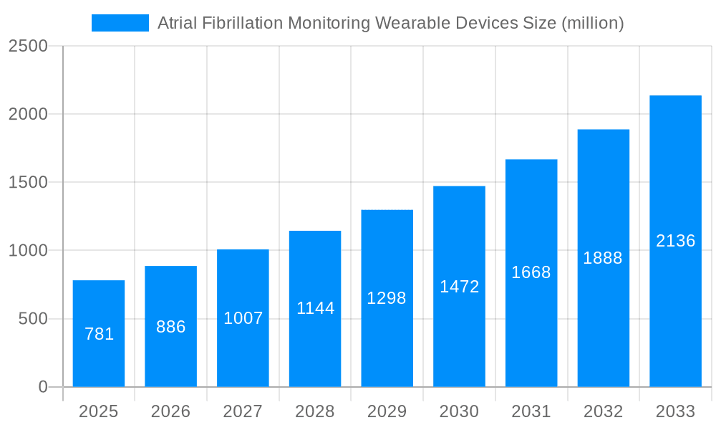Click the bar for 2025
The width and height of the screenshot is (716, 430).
pos(99,333)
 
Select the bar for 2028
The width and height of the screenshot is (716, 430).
pos(315,309)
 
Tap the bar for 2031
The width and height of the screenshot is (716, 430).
pos(531,273)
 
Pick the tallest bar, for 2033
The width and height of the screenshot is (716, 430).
pos(675,241)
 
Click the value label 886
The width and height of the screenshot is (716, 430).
pos(171,327)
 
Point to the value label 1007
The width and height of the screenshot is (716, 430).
pos(243,318)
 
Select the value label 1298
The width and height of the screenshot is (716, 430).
pos(387,298)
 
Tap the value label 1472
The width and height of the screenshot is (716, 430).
pos(459,287)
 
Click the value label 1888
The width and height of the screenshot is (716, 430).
pos(603,258)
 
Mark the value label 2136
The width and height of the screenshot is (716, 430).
pos(675,241)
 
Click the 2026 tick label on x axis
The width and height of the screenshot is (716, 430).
pos(171,411)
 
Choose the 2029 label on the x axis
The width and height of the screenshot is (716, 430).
pos(387,411)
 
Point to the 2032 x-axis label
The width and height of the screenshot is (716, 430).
pos(603,411)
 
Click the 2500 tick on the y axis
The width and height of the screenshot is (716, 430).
pos(28,46)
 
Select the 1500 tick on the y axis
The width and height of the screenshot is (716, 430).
pos(28,182)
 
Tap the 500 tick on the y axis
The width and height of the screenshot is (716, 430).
pos(33,319)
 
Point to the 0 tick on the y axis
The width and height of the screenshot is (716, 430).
pos(43,387)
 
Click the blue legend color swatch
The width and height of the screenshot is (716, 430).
pos(120,23)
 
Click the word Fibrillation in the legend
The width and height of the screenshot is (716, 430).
pos(242,23)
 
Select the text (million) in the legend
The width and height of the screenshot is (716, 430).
pos(593,23)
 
